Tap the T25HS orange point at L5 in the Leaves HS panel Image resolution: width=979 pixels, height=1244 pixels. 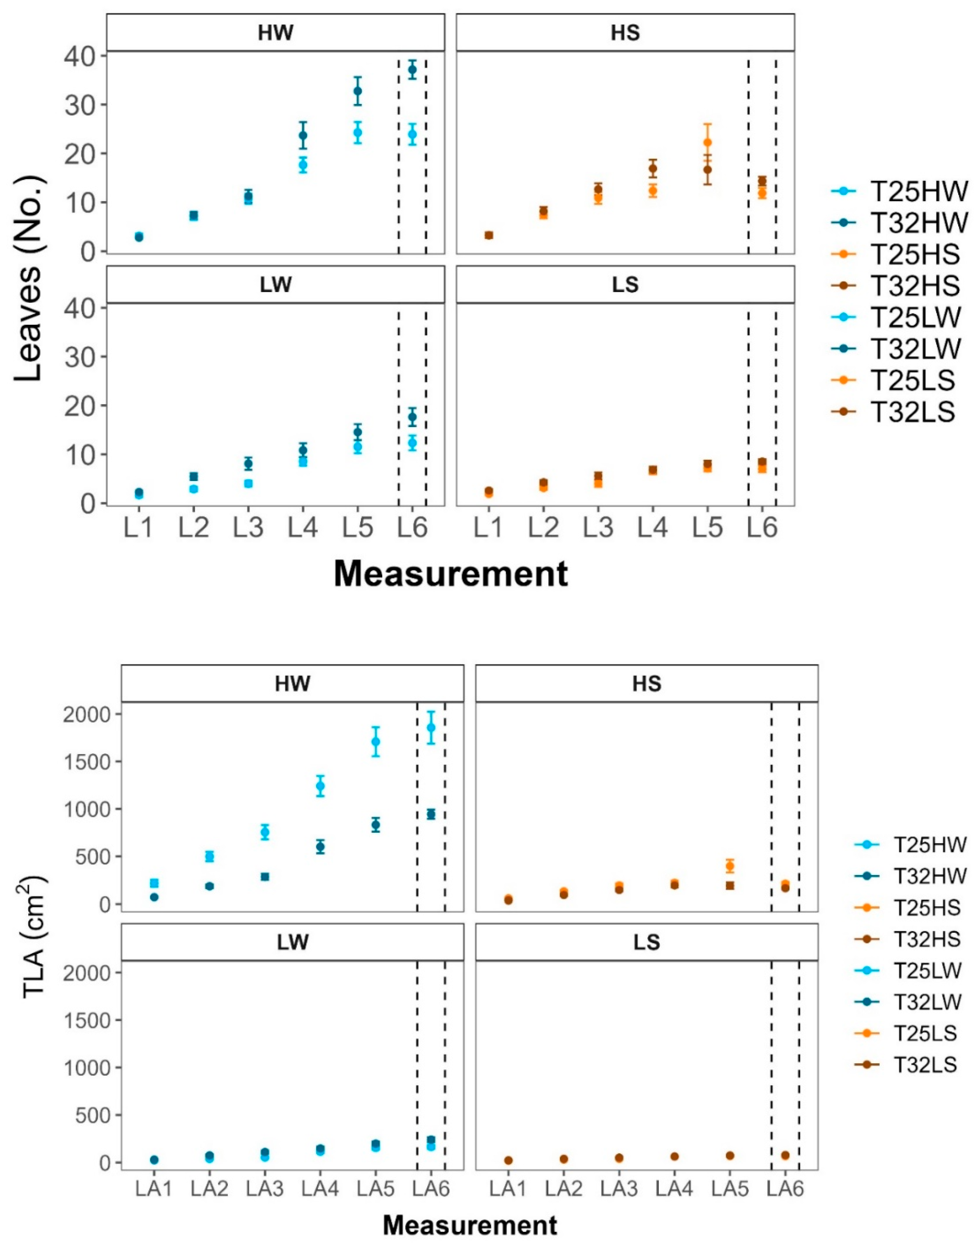pos(707,143)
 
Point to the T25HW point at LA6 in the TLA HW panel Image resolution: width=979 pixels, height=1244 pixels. pos(431,728)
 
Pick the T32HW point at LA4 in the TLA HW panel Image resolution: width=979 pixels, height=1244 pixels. pos(320,846)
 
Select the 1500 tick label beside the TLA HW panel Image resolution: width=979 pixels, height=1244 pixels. pos(87,762)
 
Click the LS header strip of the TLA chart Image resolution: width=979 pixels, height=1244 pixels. pos(646,942)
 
